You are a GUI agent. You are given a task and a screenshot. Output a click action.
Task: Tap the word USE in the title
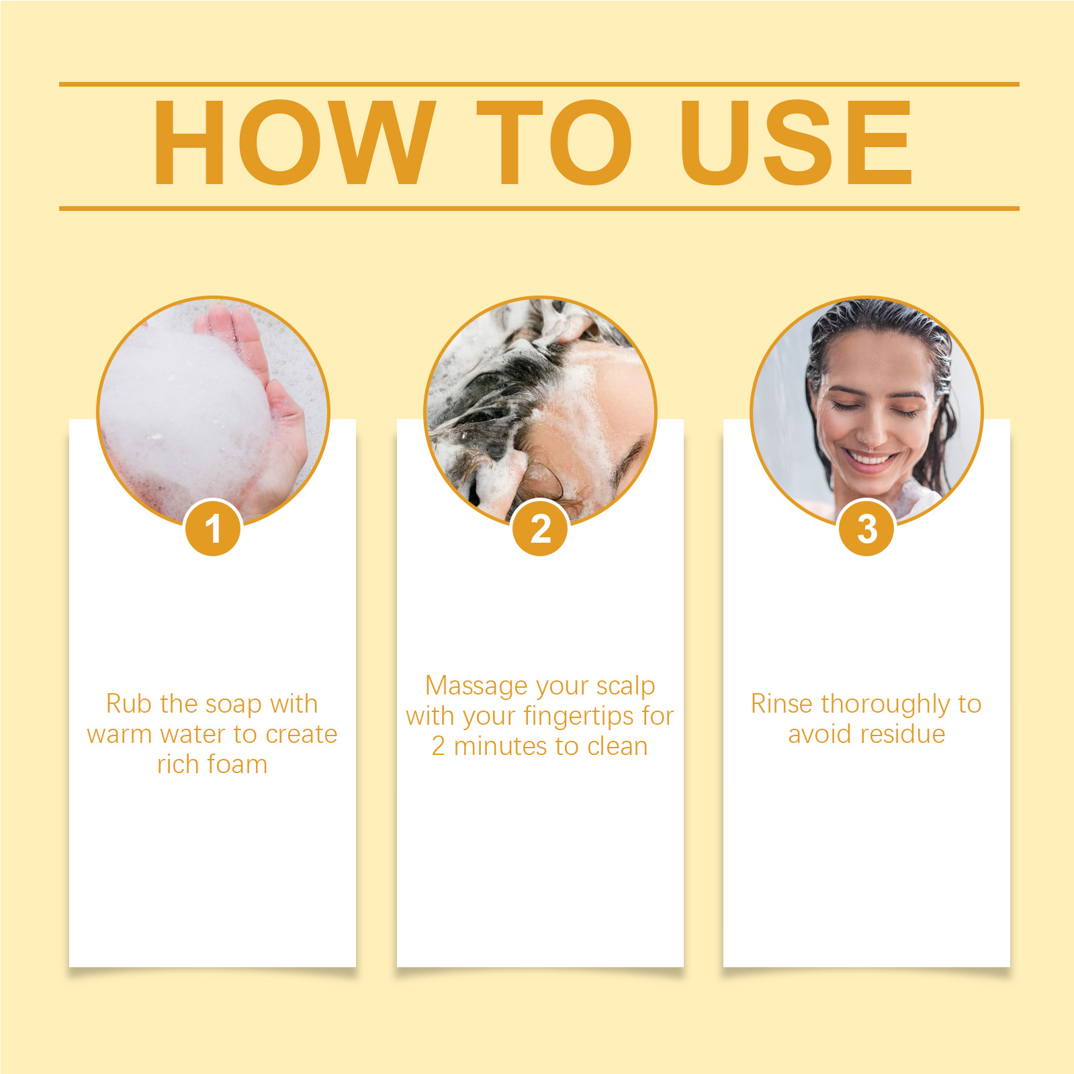pyautogui.click(x=797, y=142)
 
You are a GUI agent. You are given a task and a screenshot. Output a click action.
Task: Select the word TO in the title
pyautogui.click(x=555, y=142)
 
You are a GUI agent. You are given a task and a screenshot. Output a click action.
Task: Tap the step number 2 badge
pyautogui.click(x=540, y=529)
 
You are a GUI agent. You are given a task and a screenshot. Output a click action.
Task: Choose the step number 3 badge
pyautogui.click(x=866, y=529)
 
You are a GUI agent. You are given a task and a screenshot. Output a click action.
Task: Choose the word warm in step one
pyautogui.click(x=120, y=734)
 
